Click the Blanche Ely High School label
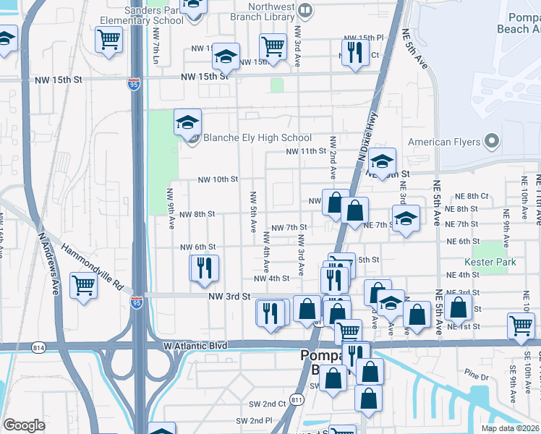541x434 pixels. (x=257, y=137)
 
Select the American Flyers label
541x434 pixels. (x=444, y=142)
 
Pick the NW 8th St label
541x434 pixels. (x=197, y=214)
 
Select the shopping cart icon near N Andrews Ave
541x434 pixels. (x=84, y=285)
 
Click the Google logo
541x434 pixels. (x=23, y=425)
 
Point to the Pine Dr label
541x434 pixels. (x=477, y=375)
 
